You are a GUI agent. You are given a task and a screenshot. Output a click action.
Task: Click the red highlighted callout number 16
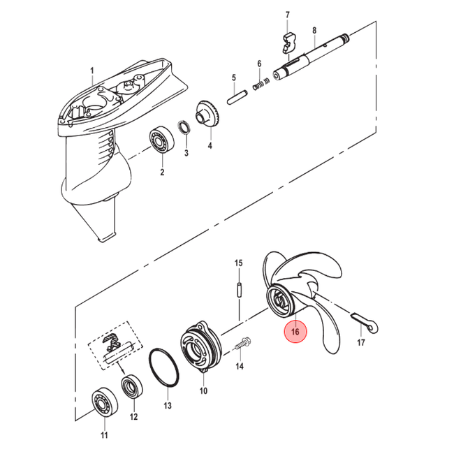pos(295,332)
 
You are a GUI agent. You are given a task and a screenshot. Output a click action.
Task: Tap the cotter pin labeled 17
pos(365,322)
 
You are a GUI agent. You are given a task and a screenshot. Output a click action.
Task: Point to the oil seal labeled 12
pos(132,386)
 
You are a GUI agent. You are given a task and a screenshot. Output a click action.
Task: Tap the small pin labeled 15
pos(239,290)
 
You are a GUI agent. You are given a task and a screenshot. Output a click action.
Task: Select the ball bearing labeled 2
pos(161,140)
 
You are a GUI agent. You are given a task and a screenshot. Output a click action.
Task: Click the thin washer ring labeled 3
pos(184,127)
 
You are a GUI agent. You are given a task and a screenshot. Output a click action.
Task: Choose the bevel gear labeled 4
pos(208,116)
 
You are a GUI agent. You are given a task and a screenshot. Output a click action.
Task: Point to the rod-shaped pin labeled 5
pos(237,98)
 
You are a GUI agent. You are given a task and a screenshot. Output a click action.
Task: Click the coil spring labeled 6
pos(261,83)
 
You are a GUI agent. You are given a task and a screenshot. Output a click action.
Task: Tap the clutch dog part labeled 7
pos(289,43)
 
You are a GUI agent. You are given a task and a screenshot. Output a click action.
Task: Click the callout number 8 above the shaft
pos(314,30)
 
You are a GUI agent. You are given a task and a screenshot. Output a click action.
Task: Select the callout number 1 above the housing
pos(92,71)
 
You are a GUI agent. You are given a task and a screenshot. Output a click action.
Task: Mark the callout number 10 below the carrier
pos(203,390)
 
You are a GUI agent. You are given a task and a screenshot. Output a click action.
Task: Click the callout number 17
pos(361,342)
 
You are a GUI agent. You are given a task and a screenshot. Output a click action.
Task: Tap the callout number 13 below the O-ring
pos(168,406)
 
